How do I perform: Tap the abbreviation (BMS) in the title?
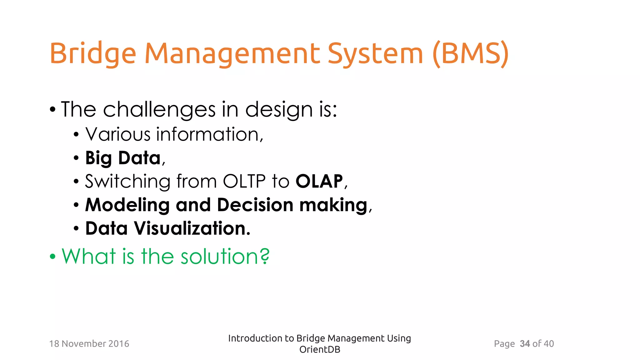[471, 54]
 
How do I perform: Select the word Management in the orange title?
[232, 54]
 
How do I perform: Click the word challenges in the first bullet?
[159, 110]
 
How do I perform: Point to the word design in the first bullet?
[279, 110]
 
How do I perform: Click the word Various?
[118, 134]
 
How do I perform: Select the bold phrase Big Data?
[123, 158]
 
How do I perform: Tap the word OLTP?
[244, 181]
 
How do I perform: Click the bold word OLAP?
[319, 181]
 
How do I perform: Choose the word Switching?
[127, 182]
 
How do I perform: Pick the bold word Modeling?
[127, 205]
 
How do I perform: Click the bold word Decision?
[255, 205]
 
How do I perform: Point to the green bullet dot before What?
[52, 257]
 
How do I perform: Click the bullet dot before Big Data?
[76, 158]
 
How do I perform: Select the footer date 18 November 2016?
[89, 344]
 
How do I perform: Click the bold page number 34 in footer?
[525, 344]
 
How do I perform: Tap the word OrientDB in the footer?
[320, 349]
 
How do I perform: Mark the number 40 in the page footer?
[548, 344]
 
